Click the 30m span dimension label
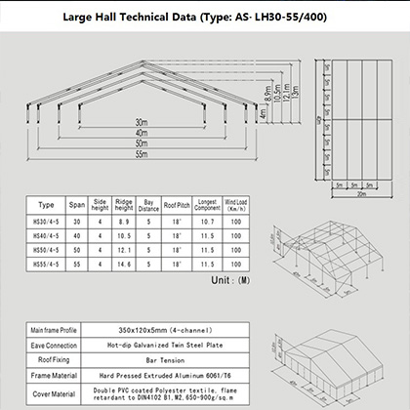pyautogui.click(x=143, y=123)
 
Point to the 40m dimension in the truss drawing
pyautogui.click(x=143, y=134)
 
